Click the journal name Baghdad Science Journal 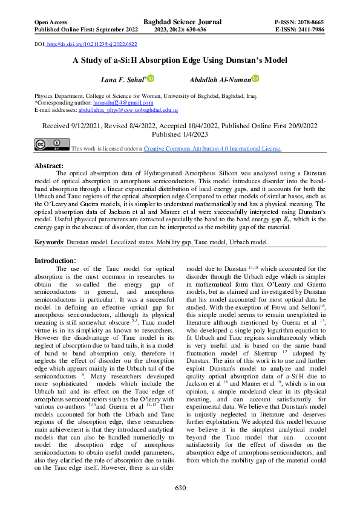point(182,22)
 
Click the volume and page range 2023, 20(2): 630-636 point(182,30)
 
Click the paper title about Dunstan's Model point(180,60)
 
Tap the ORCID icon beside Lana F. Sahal point(151,78)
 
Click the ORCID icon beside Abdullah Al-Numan point(255,78)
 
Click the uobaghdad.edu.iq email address point(128,111)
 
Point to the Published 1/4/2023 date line point(179,135)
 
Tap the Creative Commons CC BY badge point(52,144)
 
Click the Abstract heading point(49,166)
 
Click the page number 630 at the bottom point(180,488)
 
